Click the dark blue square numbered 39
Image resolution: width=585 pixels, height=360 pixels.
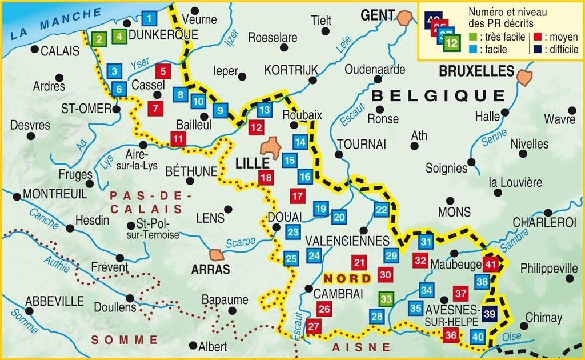(x=490, y=313)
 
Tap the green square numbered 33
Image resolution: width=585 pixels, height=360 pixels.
(x=387, y=299)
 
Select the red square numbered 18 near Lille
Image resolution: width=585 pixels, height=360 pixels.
(x=265, y=177)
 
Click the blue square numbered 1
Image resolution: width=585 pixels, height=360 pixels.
(x=149, y=18)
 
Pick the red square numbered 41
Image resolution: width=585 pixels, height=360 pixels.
(x=490, y=263)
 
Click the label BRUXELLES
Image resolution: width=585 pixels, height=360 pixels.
(x=476, y=71)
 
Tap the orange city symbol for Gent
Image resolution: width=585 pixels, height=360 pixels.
(x=408, y=17)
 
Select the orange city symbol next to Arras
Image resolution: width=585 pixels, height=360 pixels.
(x=217, y=254)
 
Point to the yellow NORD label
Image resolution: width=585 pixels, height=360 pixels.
(x=345, y=278)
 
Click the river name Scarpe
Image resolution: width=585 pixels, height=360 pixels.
(x=240, y=243)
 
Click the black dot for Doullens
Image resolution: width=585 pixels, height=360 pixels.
(x=131, y=298)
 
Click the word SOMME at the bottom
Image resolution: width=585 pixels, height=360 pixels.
(x=125, y=339)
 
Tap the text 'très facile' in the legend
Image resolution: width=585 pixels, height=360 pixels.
(x=498, y=37)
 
